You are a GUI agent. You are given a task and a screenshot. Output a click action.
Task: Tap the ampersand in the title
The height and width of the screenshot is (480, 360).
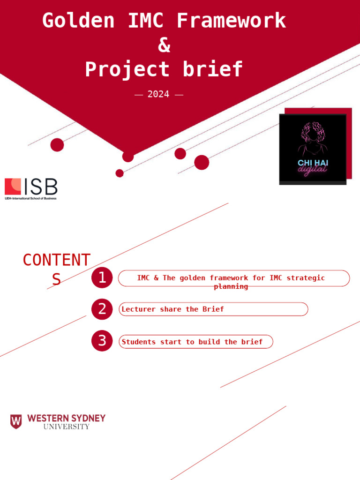coord(164,45)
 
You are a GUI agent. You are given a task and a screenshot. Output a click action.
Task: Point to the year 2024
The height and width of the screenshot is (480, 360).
coord(158,94)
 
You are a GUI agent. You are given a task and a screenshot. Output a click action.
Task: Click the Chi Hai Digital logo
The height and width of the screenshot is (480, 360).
coord(313,149)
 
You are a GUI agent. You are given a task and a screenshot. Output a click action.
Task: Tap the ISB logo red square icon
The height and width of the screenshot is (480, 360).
coord(13,186)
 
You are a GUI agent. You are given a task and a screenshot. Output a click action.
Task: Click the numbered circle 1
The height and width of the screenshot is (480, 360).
coord(102,278)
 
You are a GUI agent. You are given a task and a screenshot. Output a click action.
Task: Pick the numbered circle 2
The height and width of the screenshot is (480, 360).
coord(102,309)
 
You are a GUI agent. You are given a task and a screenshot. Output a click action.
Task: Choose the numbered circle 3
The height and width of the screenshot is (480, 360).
coord(102,341)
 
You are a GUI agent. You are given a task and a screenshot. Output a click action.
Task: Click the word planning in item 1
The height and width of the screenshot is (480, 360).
coord(231,286)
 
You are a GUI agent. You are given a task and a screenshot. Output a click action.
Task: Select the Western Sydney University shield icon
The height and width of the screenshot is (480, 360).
coord(16,421)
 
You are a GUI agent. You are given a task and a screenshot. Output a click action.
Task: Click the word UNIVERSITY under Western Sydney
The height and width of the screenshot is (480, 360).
coord(66,427)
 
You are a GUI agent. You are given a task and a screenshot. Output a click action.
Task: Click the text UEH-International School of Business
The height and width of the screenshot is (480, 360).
coord(30,198)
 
